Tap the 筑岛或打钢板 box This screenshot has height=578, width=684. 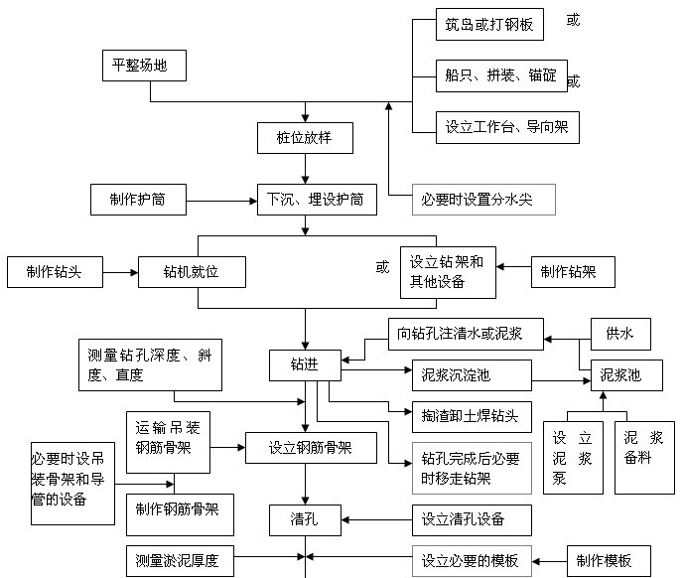[x=488, y=25]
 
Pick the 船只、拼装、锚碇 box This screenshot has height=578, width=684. [x=500, y=74]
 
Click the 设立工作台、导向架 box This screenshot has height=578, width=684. [x=506, y=126]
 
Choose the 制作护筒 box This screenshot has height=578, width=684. [x=137, y=199]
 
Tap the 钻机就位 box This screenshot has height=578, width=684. [x=192, y=271]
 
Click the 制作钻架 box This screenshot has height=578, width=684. [x=572, y=271]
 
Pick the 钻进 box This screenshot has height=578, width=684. [x=305, y=364]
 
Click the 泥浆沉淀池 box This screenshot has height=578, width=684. [x=470, y=375]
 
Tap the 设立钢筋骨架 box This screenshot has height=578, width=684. [x=310, y=449]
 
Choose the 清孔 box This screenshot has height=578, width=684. [x=305, y=518]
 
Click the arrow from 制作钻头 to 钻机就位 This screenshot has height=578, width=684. [x=120, y=271]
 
